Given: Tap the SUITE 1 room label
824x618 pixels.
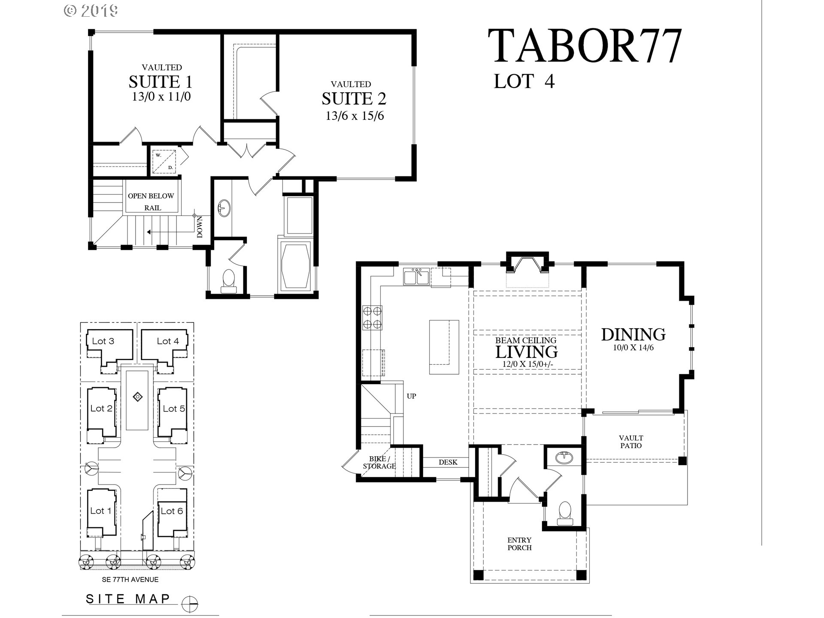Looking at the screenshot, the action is tap(161, 81).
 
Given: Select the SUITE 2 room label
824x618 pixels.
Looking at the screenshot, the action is tap(354, 98).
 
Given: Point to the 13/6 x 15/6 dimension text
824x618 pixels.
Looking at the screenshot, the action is tap(354, 116).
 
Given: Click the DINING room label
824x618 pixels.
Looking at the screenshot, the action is tap(633, 334).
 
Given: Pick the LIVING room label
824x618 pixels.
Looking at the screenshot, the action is tap(527, 351).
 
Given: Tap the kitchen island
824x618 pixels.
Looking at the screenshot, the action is tap(444, 348).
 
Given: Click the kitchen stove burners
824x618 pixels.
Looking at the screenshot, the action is tap(372, 317).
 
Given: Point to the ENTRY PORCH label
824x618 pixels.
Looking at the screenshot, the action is tap(519, 544).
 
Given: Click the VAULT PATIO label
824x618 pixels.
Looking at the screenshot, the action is tap(631, 442).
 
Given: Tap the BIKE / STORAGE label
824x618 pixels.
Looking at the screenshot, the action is tap(379, 462).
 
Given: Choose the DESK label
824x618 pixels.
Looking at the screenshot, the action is tap(448, 462).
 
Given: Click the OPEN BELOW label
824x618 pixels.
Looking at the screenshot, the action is tap(151, 196).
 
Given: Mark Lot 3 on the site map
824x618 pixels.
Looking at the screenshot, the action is tap(103, 341).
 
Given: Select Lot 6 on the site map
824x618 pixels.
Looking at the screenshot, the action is tap(172, 511).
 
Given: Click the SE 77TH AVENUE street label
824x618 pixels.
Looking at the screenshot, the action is tap(130, 579).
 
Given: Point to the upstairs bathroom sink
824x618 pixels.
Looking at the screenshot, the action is tap(224, 208).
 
